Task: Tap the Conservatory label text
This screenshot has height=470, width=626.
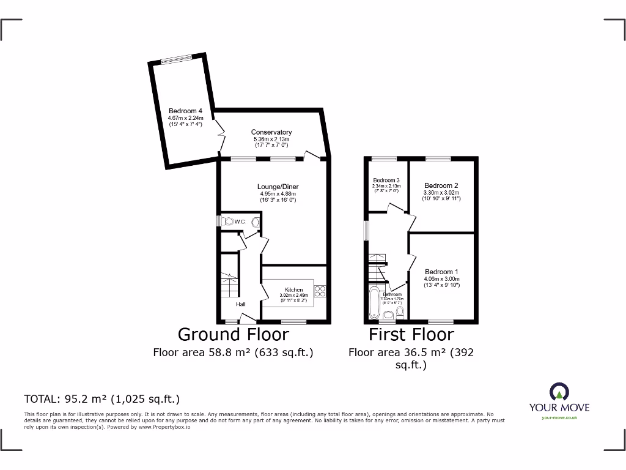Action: point(271,132)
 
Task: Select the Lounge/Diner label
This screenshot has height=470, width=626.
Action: point(279,187)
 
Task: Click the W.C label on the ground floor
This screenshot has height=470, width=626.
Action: point(239,222)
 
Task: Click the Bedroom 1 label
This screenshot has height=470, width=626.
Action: point(441,272)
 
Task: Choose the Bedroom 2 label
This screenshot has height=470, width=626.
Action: point(441,185)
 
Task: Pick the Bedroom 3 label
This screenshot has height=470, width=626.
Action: point(386,180)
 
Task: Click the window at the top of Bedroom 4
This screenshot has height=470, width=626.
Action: point(176,59)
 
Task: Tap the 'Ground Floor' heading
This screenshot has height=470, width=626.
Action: point(233,334)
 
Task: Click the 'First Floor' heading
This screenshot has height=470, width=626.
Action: point(411,334)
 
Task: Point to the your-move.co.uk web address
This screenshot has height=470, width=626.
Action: point(559,417)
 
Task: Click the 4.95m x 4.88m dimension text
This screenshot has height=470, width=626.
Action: point(278,194)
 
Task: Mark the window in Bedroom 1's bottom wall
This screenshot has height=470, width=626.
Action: point(440,321)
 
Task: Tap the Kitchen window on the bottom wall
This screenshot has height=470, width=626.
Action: point(293,321)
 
